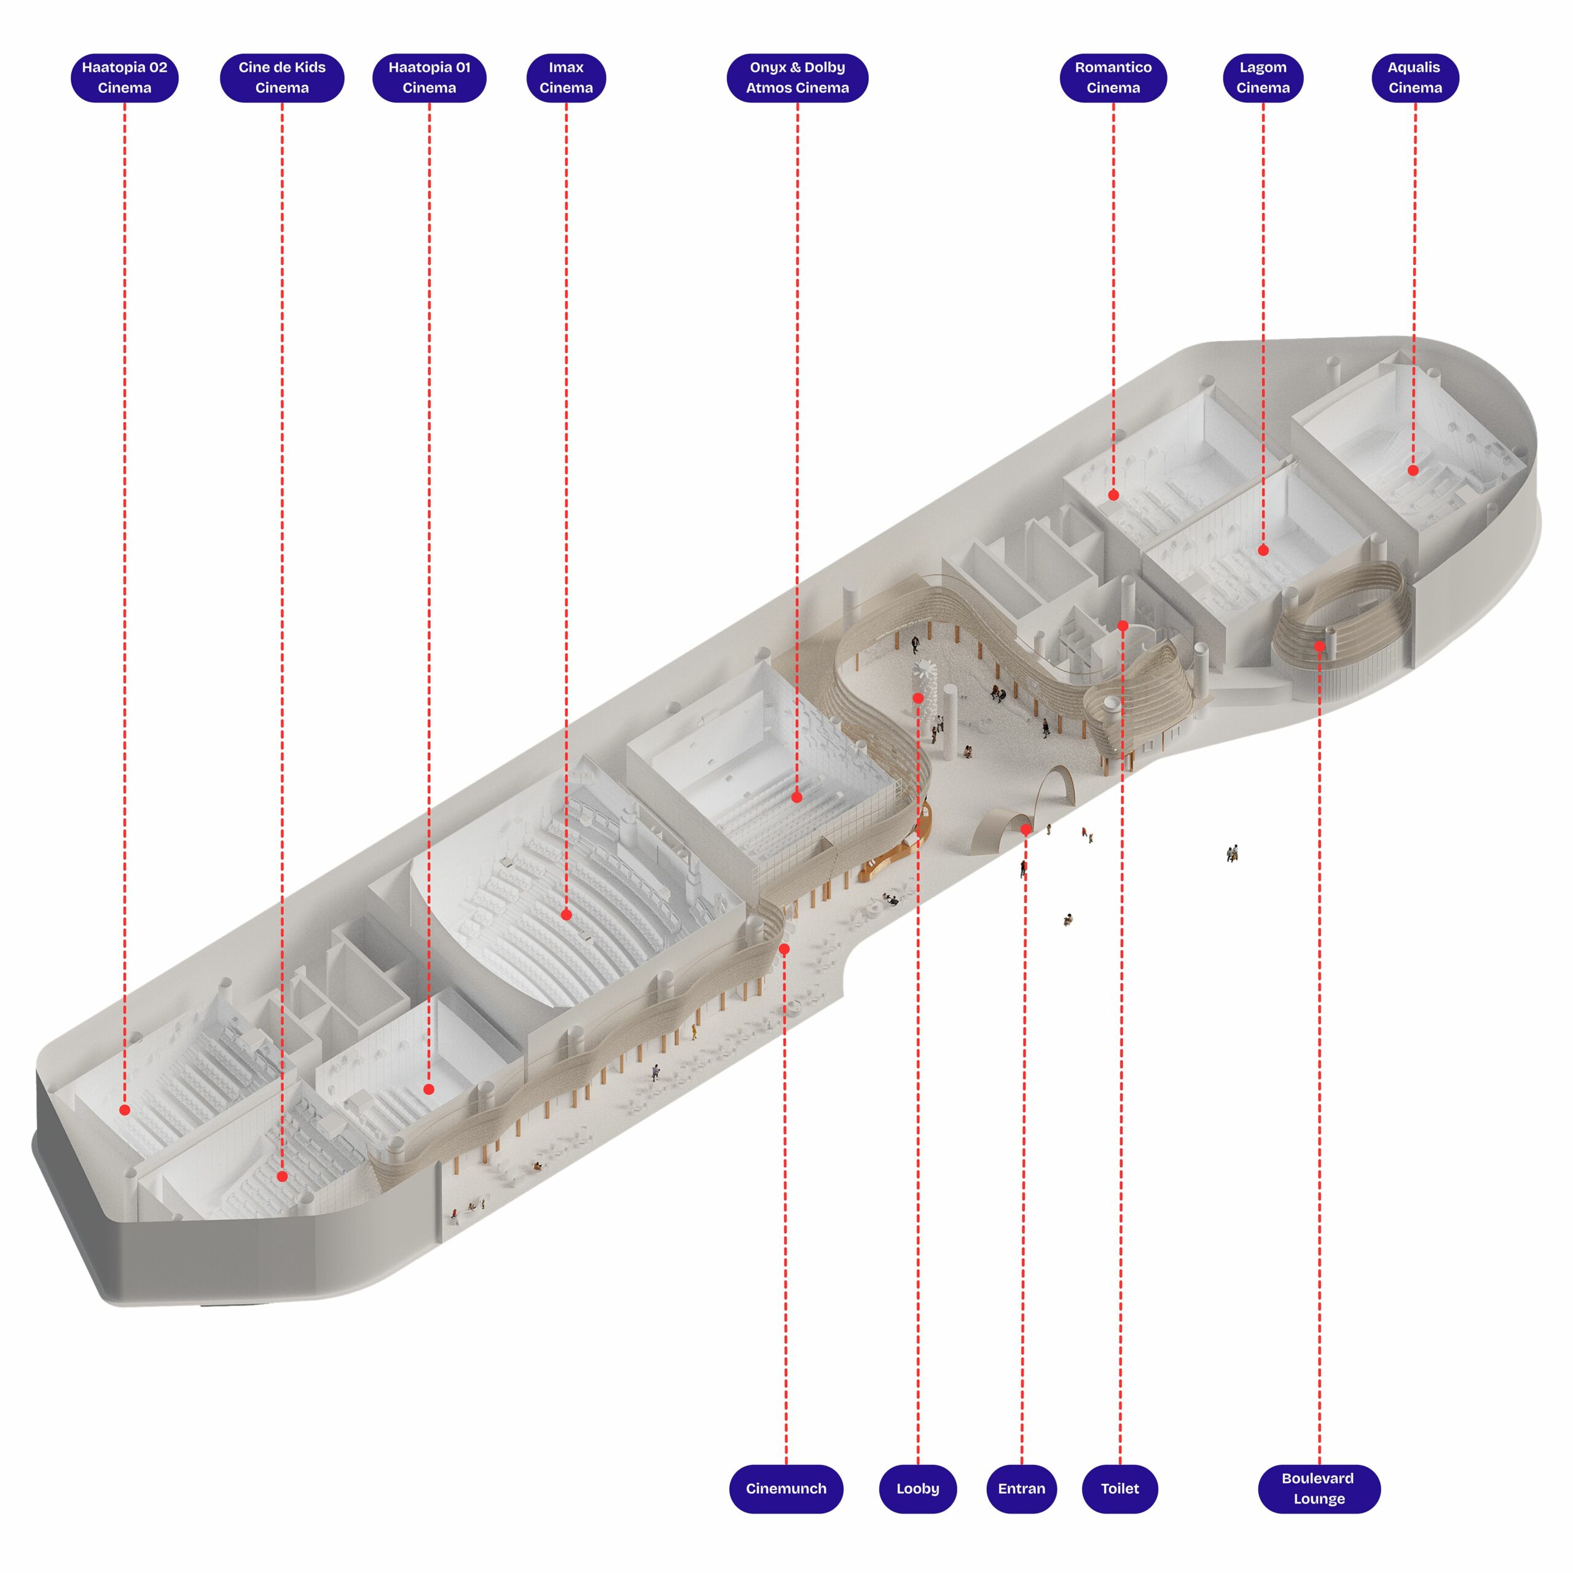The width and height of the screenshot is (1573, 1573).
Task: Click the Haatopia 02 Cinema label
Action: (125, 77)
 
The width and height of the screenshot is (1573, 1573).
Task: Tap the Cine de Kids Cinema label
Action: (281, 77)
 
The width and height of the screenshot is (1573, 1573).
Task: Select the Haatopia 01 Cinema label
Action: (429, 77)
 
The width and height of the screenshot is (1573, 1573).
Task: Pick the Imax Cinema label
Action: (566, 77)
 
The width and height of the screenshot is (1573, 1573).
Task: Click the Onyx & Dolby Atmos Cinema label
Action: (797, 77)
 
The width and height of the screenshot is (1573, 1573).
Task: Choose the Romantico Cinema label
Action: (1113, 77)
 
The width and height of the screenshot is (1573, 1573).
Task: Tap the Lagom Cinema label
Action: (1263, 77)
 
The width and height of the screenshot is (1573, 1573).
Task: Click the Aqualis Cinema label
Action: (1415, 77)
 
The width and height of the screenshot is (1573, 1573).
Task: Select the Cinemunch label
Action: (786, 1488)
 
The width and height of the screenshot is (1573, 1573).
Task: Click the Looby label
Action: (917, 1488)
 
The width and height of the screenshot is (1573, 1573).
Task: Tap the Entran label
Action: (1021, 1488)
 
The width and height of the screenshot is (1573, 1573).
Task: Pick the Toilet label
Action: (1120, 1488)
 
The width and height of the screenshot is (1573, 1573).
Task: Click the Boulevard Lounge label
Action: (1319, 1488)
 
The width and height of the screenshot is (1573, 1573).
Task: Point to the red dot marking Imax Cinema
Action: (566, 915)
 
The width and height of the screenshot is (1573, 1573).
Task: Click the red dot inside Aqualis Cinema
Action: (1413, 470)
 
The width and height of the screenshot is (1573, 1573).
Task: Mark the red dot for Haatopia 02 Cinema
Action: (125, 1110)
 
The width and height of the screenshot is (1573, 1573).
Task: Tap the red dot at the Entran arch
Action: (1026, 829)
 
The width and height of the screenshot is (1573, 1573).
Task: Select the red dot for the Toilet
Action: (1123, 626)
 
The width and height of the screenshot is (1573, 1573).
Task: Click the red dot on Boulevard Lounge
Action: (1319, 646)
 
